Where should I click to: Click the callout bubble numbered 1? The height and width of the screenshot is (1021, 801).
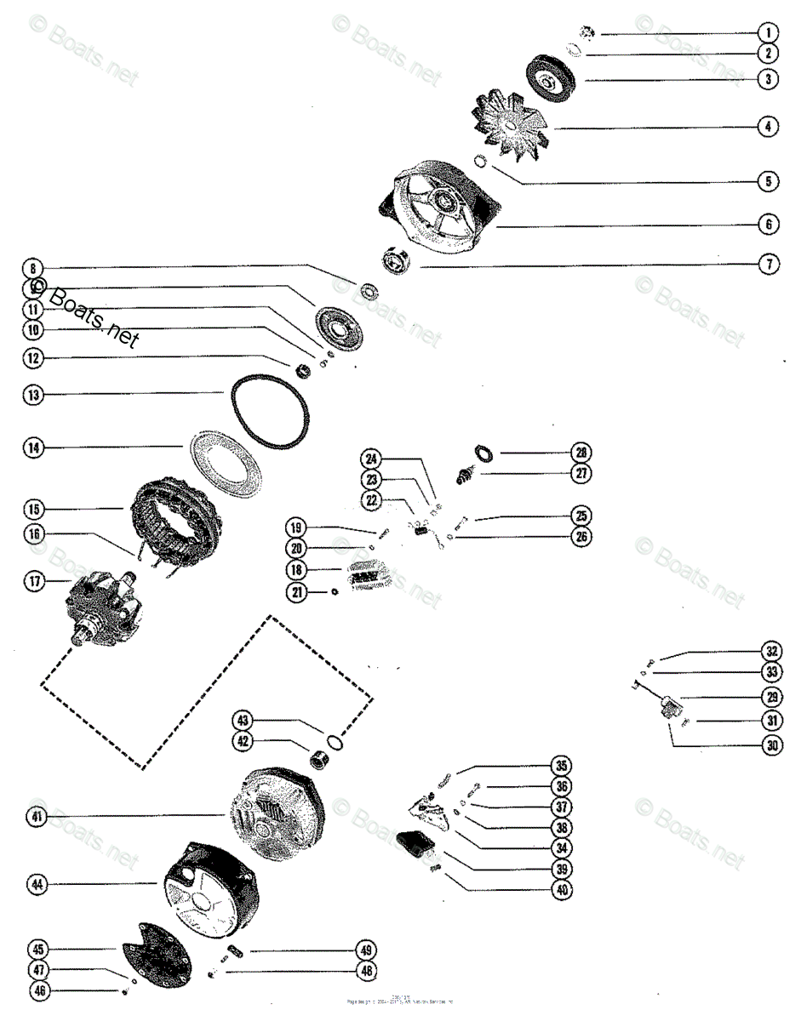click(x=768, y=34)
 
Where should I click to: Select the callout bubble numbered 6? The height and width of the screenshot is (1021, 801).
click(x=768, y=225)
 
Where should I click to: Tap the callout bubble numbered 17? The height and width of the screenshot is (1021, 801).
click(x=34, y=583)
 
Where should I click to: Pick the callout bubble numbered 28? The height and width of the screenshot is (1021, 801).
click(x=581, y=453)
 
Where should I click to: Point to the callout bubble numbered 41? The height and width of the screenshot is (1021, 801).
click(x=34, y=818)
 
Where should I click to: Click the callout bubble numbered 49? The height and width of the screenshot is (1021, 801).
click(x=366, y=950)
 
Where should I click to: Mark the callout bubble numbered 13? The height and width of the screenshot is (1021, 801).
click(x=34, y=395)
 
